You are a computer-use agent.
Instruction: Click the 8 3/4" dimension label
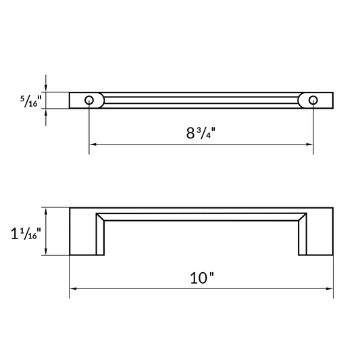(201, 132)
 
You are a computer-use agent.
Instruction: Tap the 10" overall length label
(202, 278)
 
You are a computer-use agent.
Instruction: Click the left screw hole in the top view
(89, 100)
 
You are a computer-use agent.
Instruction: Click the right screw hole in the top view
(313, 100)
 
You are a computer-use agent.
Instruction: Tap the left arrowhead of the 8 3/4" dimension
(93, 144)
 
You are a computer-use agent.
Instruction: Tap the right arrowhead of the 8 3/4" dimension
(309, 144)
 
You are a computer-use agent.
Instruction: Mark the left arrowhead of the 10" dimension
(73, 289)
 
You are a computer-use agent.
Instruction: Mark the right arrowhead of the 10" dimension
(330, 289)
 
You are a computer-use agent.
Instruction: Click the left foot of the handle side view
(87, 250)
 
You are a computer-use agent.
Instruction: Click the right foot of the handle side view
(316, 250)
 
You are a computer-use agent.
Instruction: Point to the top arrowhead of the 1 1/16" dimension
(46, 211)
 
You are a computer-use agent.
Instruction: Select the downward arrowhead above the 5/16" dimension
(46, 88)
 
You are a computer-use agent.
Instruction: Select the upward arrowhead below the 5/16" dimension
(46, 111)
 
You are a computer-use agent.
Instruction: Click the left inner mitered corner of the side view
(100, 217)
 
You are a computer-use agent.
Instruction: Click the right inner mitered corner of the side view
(303, 217)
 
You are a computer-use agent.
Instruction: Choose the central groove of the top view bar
(201, 100)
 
